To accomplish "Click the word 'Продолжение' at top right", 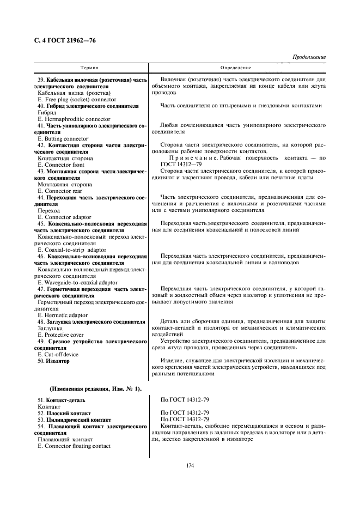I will [x=309, y=57].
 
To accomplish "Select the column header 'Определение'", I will [x=235, y=68].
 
